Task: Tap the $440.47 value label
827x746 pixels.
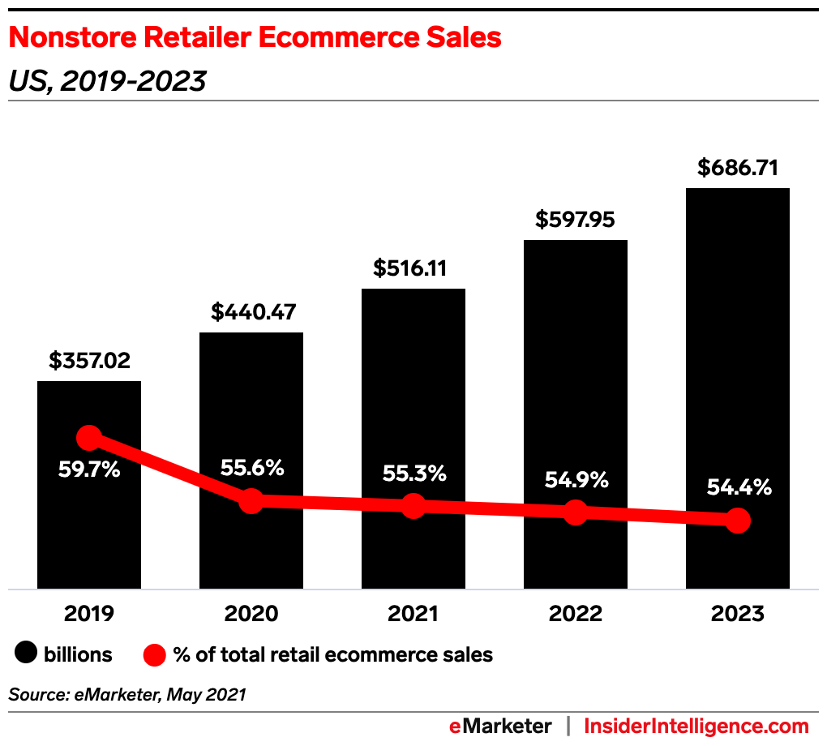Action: (x=251, y=311)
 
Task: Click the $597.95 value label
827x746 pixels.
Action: (x=575, y=220)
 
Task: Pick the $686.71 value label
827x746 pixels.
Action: (x=738, y=168)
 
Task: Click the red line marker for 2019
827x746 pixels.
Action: (x=89, y=438)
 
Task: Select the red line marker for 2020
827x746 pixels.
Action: (x=251, y=500)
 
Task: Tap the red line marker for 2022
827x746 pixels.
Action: (x=575, y=512)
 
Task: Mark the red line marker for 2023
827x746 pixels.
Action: (x=737, y=521)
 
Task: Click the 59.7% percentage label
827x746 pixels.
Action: (x=89, y=469)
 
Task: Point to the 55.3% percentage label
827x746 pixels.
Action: (x=413, y=474)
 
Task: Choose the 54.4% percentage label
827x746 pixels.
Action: (x=738, y=488)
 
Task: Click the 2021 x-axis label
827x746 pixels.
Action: (x=413, y=614)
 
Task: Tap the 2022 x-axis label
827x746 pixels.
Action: (x=575, y=614)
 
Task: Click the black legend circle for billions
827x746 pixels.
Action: (x=26, y=654)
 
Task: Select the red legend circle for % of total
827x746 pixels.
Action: (x=154, y=654)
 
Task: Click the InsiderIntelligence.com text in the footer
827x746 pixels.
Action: (x=696, y=726)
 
